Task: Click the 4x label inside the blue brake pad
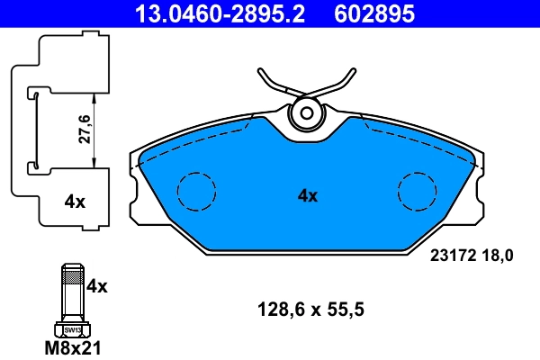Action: point(308,195)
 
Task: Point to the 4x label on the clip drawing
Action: point(75,202)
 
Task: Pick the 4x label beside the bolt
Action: point(97,287)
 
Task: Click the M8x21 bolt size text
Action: point(73,347)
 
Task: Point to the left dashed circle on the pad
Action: point(196,190)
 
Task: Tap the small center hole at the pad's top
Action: point(308,113)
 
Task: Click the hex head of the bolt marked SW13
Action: point(72,329)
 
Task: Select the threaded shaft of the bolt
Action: point(72,292)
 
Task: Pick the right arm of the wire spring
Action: point(340,85)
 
